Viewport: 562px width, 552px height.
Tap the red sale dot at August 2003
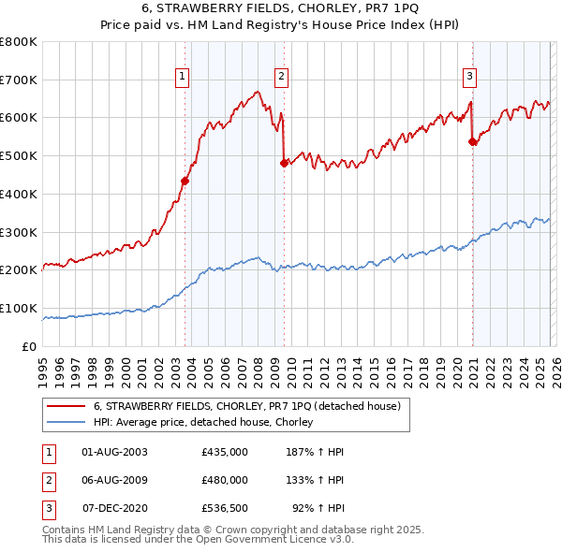[x=185, y=181]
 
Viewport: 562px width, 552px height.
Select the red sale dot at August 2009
[x=284, y=163]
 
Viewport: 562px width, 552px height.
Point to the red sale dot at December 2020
[x=472, y=142]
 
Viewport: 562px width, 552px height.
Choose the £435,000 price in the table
[x=225, y=451]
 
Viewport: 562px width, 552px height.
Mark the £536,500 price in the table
[x=225, y=508]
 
